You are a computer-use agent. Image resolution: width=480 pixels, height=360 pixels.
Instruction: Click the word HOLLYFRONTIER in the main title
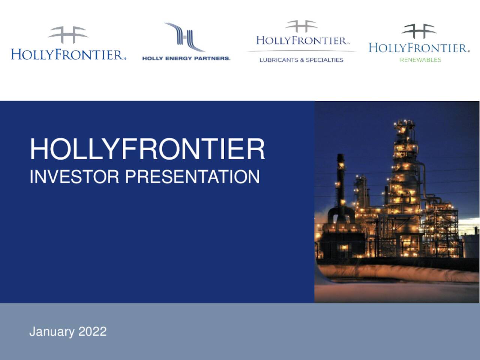147,149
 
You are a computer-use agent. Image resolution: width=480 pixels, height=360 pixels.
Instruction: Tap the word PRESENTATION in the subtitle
192,177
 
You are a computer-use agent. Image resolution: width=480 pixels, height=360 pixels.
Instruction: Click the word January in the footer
52,331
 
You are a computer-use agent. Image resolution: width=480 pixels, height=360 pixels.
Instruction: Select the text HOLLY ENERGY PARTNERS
186,58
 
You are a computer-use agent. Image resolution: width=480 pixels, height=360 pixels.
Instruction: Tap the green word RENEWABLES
420,60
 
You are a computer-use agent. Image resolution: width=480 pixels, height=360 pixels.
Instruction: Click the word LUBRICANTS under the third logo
279,60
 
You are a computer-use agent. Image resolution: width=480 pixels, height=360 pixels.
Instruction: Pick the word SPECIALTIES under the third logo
324,60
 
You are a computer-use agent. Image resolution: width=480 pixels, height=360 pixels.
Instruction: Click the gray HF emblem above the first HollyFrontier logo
68,34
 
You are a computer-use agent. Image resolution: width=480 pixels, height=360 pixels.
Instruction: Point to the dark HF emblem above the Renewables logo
419,31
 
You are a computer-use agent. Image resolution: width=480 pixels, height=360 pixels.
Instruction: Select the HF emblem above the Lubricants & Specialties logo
301,26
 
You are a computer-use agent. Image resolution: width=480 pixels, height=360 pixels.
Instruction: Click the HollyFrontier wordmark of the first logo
68,54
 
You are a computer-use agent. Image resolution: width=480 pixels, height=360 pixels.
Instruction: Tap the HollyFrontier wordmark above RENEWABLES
419,48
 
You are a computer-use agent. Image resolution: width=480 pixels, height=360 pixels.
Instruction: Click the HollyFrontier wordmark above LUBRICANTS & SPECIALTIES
302,40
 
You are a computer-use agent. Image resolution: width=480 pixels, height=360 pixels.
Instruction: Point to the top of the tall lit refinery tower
404,124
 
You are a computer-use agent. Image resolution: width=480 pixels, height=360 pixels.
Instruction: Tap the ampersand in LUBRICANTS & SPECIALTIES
302,60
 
